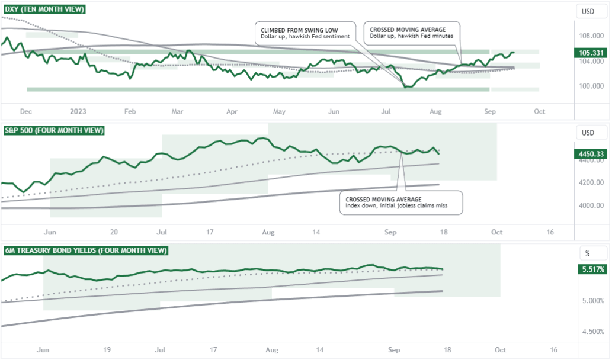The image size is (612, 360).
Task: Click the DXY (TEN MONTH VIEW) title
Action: point(44,10)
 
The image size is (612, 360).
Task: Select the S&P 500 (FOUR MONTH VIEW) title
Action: point(54,130)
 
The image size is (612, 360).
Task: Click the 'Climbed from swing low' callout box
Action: point(305,33)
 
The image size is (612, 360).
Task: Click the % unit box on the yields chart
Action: point(588,253)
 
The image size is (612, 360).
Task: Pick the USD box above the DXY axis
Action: point(588,11)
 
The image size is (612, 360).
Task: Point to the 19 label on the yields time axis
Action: point(106,350)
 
